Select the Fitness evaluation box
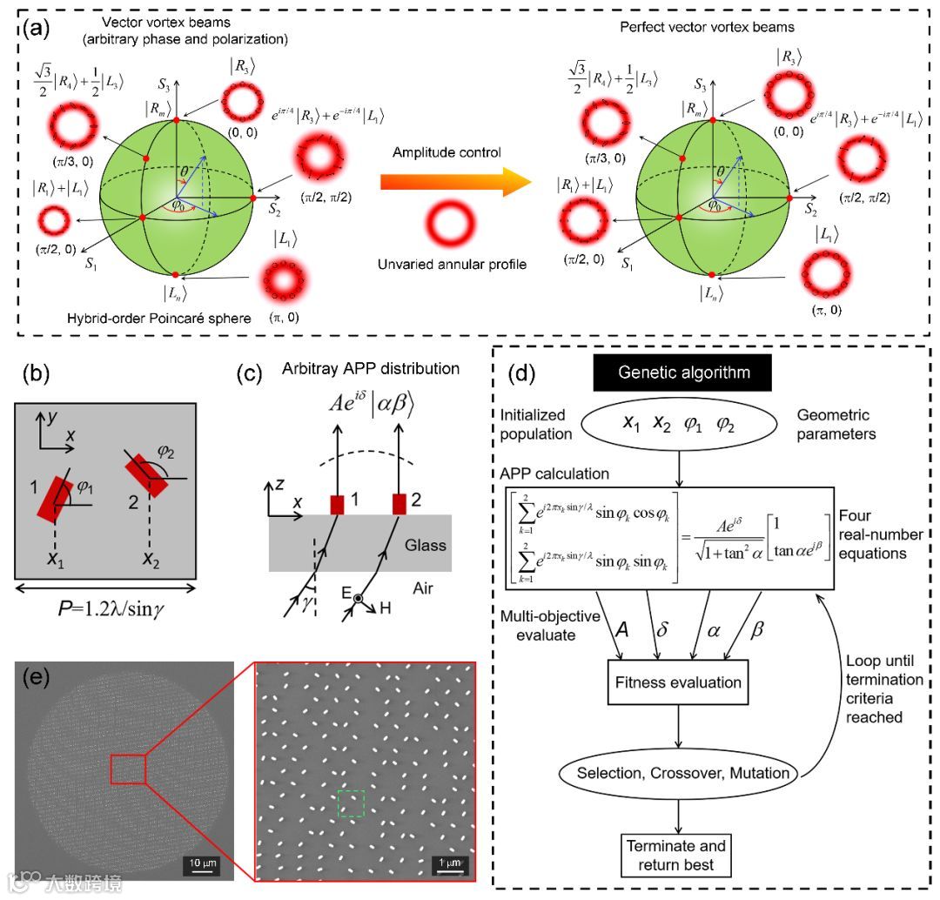click(675, 682)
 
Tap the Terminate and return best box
click(675, 855)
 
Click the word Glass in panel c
click(426, 546)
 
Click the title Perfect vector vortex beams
click(707, 26)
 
